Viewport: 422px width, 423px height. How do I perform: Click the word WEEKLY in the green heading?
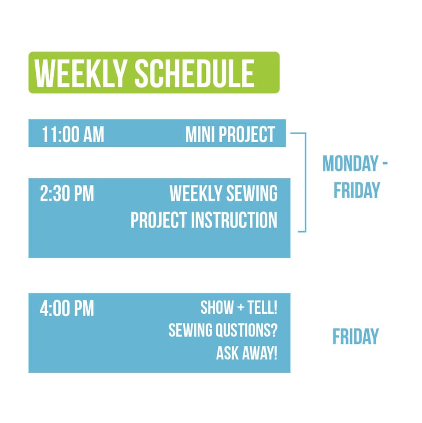81,74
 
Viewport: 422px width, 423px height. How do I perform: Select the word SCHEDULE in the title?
194,74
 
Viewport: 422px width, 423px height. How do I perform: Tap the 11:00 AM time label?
73,134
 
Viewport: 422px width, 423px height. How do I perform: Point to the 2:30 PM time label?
67,193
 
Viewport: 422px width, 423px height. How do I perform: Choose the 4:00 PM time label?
67,308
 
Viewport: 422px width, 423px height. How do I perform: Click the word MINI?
200,134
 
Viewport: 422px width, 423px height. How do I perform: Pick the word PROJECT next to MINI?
247,134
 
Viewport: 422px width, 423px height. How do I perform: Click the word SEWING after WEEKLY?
252,193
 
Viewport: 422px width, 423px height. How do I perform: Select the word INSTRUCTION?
234,220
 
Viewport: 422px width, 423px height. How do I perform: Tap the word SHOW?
217,307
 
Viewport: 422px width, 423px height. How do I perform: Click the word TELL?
263,307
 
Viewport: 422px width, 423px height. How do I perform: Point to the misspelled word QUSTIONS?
248,330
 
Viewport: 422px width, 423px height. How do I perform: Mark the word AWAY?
259,353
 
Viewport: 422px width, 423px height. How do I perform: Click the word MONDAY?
351,163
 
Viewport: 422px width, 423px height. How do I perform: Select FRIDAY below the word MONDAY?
357,190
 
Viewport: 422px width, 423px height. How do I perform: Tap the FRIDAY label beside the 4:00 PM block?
355,336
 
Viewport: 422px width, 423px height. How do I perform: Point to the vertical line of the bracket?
306,182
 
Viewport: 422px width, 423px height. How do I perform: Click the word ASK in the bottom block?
227,353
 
